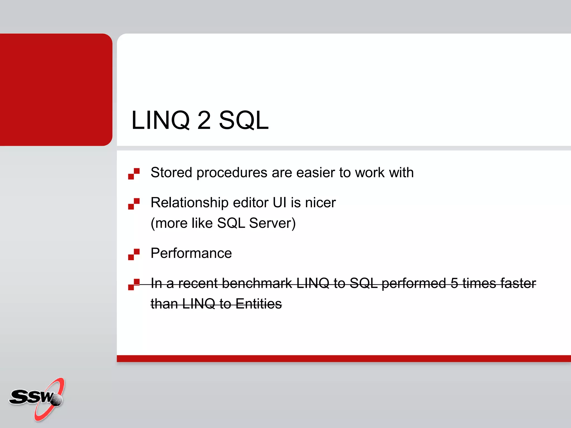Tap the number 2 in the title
pos(204,120)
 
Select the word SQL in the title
pos(244,120)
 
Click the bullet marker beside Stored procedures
pos(134,174)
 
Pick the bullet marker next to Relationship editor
pos(134,204)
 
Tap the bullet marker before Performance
pos(134,254)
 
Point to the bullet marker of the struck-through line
pos(134,284)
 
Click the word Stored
pos(171,172)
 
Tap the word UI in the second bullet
pos(279,203)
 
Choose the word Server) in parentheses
pos(272,223)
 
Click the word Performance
pos(191,253)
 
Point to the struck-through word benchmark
pos(257,283)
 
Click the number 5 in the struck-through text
pos(454,283)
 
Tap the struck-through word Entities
pos(258,304)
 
